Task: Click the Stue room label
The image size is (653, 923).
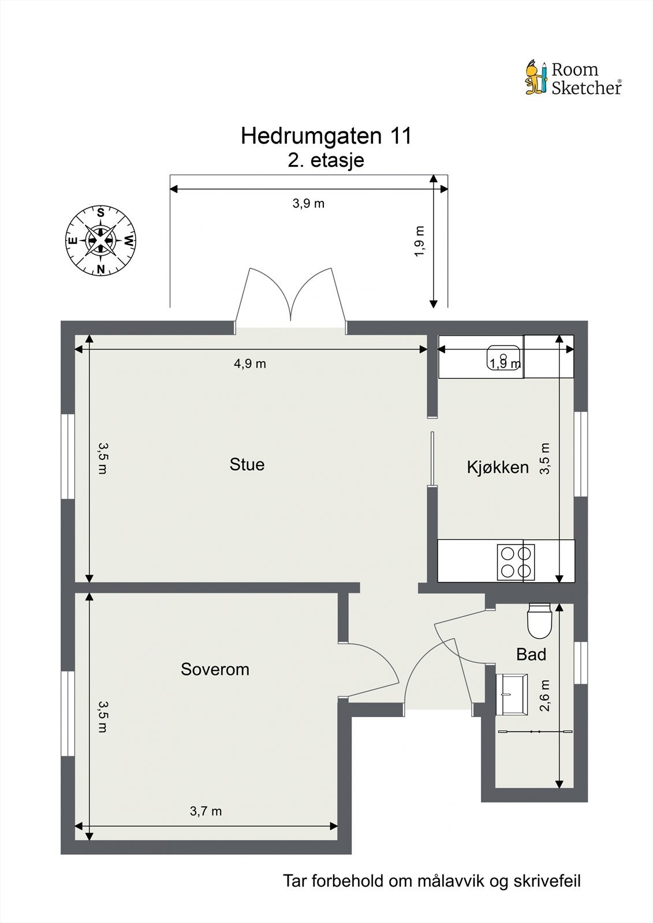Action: (x=247, y=464)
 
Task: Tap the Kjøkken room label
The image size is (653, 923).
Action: (x=497, y=467)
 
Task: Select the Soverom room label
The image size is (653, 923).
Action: (x=215, y=669)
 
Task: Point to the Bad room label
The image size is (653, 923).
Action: (x=531, y=654)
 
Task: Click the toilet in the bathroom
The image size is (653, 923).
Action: (x=539, y=621)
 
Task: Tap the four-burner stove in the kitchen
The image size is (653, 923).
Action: (x=516, y=562)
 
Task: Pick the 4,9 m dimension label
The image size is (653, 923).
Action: (x=249, y=363)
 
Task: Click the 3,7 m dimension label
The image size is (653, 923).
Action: (x=206, y=811)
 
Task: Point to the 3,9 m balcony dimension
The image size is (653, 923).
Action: (x=308, y=203)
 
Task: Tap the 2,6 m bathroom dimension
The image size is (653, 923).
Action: (x=544, y=695)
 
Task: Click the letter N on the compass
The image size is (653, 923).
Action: (x=100, y=269)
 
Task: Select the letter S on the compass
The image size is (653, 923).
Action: (x=100, y=213)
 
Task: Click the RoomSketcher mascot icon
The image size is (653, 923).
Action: (x=536, y=78)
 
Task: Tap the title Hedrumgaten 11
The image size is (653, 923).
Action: (x=326, y=136)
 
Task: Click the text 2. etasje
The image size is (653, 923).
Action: (x=326, y=160)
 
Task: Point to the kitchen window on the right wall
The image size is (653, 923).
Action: (x=581, y=454)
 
